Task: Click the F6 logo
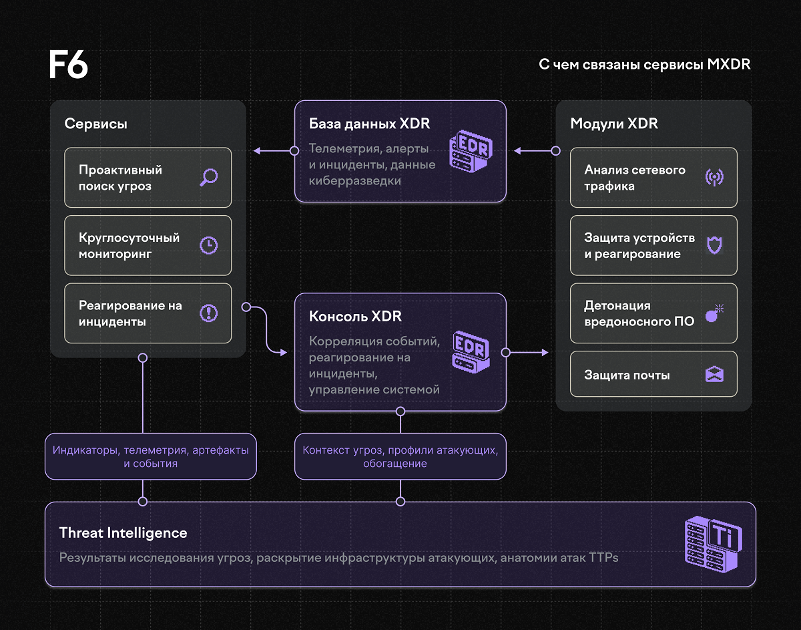click(69, 64)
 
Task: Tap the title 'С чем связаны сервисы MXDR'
click(644, 65)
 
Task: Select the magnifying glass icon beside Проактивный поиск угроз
click(209, 178)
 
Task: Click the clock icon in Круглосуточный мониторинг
click(209, 245)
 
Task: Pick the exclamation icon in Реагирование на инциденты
click(209, 313)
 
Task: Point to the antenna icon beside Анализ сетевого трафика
click(714, 178)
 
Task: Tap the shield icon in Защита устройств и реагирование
click(714, 245)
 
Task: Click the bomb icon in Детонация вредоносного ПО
click(714, 313)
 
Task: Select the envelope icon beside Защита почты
click(714, 374)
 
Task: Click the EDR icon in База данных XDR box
click(471, 151)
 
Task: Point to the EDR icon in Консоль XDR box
click(471, 352)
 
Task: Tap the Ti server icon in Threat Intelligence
click(714, 544)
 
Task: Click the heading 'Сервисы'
click(96, 124)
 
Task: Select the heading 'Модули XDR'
click(614, 124)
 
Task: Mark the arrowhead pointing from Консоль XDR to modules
click(545, 353)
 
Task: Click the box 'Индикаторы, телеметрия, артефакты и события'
click(151, 456)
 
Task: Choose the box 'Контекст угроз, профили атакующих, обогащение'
click(400, 456)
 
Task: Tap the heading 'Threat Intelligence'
click(123, 532)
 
